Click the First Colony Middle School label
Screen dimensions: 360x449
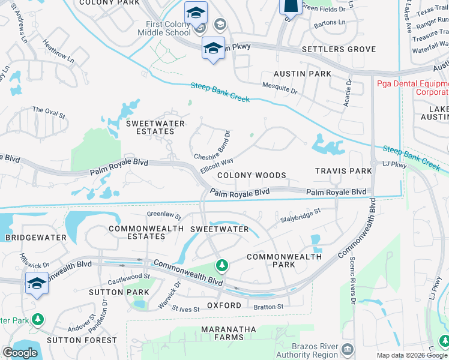168,28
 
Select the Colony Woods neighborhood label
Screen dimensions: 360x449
252,175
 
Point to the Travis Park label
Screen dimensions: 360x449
344,171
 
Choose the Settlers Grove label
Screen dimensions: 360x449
339,49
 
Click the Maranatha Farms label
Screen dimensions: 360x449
228,334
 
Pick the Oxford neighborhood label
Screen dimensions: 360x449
224,305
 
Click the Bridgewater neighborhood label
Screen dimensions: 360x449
35,238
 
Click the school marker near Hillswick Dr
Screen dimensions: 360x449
37,283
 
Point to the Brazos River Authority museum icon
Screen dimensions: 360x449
347,349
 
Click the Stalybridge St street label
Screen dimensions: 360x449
301,215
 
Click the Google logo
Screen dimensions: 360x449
20,352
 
